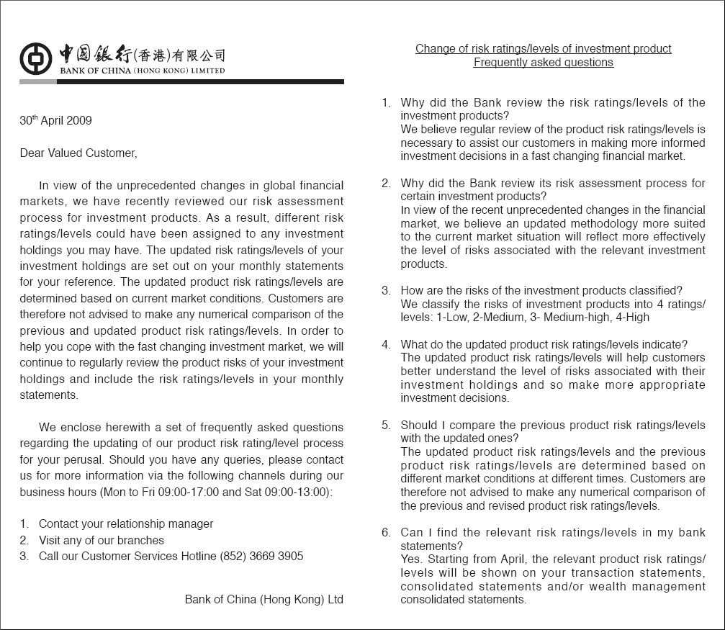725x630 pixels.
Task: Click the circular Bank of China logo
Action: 35,58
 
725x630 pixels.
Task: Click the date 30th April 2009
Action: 55,121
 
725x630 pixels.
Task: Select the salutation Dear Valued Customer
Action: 78,153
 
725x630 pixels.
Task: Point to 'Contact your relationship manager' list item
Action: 126,524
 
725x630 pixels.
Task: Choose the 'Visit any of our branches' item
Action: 102,540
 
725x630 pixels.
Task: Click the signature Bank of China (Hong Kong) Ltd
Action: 264,599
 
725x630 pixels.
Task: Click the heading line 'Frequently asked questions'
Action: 544,63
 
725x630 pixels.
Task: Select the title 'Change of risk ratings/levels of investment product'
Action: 544,49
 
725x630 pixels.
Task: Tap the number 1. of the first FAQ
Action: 386,103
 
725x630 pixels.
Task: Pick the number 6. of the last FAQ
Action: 386,533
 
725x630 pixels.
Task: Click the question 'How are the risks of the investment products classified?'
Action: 541,291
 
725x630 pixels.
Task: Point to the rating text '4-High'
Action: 634,318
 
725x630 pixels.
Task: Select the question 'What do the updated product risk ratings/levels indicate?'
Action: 544,345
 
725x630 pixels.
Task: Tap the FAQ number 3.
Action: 386,291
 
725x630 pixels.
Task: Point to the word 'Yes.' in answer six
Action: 411,559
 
